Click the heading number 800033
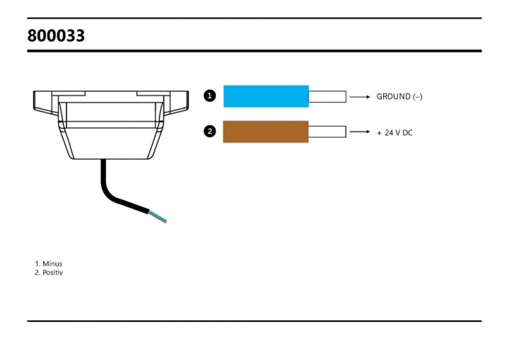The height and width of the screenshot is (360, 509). (x=56, y=35)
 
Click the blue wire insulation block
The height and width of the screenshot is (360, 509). (x=266, y=96)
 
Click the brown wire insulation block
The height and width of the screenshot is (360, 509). (x=265, y=132)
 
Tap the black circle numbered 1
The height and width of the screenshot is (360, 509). (x=209, y=96)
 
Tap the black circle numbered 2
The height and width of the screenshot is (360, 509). (x=209, y=132)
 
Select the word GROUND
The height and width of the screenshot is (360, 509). (x=392, y=96)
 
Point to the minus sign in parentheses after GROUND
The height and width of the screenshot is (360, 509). (x=418, y=96)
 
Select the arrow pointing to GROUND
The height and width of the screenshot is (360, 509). (x=360, y=96)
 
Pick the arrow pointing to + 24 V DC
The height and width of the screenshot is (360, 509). (x=360, y=132)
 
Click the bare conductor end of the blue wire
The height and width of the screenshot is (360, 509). (x=327, y=96)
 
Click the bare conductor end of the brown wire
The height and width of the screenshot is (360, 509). (x=327, y=132)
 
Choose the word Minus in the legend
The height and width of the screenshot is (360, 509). (x=52, y=264)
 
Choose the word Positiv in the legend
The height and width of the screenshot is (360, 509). (x=53, y=272)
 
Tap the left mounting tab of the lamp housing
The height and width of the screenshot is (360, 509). (x=44, y=100)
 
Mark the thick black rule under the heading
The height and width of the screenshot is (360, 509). (x=255, y=51)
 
